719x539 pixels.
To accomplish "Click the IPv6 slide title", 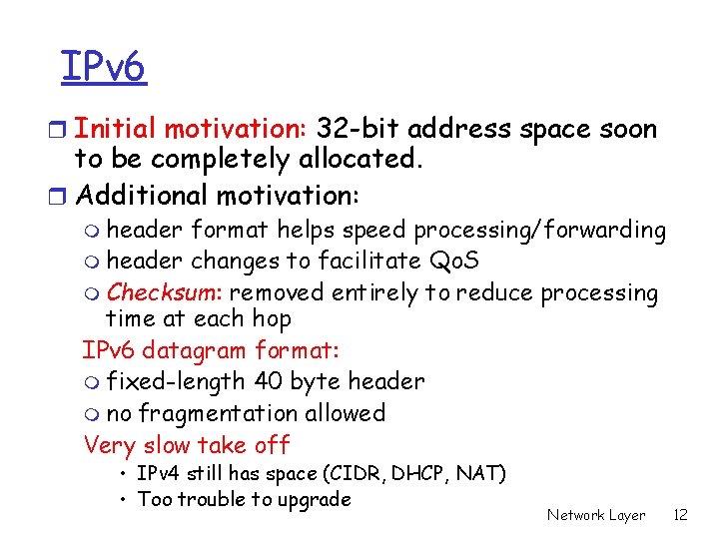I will pos(103,68).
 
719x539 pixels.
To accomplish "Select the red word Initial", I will pos(116,130).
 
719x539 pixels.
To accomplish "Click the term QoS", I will pos(453,262).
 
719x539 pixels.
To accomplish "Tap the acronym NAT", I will pos(481,473).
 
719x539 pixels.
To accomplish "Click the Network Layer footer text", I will pos(596,515).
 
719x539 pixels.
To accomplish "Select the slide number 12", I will pos(681,515).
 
